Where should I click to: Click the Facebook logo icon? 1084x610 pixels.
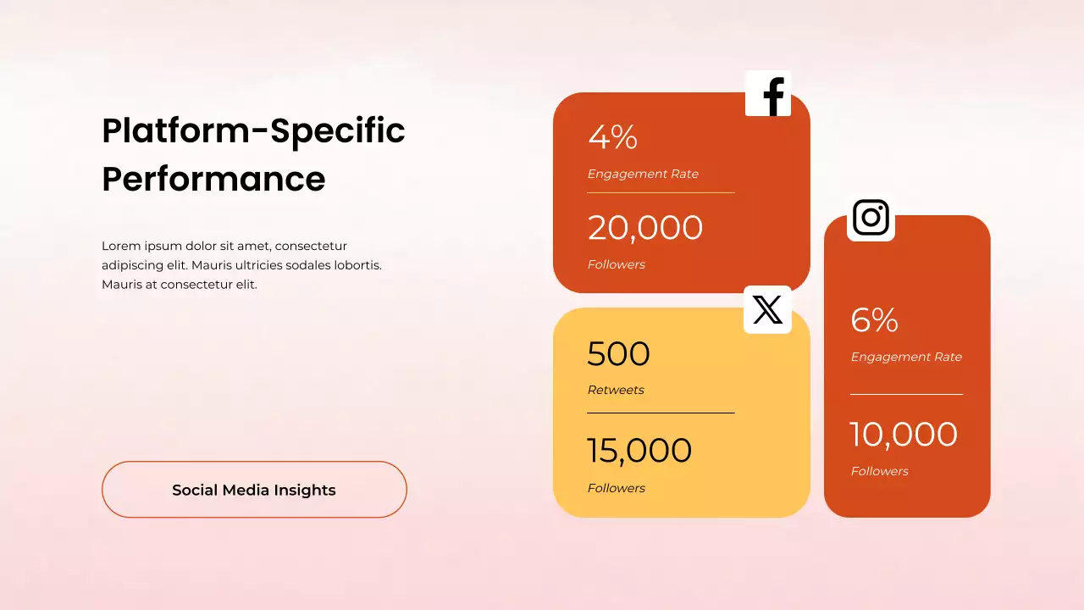pos(768,93)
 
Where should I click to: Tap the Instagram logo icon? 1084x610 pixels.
pos(871,218)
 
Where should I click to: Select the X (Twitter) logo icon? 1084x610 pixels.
pos(767,310)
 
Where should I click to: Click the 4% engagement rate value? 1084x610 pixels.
pos(612,137)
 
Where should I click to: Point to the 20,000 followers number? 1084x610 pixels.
pos(645,228)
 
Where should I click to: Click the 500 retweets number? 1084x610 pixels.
pos(618,354)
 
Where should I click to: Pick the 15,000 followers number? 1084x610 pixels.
pos(639,451)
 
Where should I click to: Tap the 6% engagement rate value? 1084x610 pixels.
pos(874,320)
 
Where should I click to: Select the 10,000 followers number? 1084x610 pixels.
pos(904,435)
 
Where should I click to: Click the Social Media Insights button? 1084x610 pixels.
pos(254,490)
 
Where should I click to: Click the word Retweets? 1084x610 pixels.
pos(616,390)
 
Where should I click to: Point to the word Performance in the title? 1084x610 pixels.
pos(213,179)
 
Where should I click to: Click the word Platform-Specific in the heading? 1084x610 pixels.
pos(253,130)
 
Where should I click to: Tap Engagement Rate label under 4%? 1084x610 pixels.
pos(643,174)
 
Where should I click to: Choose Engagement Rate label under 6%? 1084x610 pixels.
pos(906,357)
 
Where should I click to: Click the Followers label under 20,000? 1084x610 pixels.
pos(617,264)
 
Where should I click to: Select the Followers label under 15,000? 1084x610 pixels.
pos(617,488)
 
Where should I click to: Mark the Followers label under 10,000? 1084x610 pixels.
pos(879,471)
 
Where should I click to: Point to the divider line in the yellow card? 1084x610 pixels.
pos(661,413)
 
